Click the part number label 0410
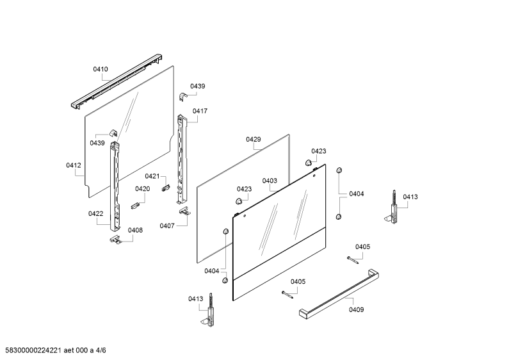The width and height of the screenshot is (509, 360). click(101, 69)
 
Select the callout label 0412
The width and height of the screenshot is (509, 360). click(74, 165)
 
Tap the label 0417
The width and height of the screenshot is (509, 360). click(200, 111)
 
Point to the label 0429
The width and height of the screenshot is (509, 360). click(253, 140)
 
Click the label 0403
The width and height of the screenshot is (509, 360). click(270, 181)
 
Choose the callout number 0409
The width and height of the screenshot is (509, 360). click(357, 310)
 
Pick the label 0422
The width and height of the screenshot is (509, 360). click(96, 214)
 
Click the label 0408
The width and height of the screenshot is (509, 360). click(135, 231)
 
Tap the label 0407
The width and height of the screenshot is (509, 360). click(167, 226)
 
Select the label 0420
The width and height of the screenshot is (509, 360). click(143, 189)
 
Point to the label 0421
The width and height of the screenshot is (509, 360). click(152, 176)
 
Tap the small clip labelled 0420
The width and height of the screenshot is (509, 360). click(135, 206)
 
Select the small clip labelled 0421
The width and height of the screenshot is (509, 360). click(166, 188)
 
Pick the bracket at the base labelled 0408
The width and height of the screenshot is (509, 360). click(115, 239)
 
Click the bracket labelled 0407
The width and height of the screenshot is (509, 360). click(184, 211)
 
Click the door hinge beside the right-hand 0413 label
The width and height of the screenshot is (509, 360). click(392, 208)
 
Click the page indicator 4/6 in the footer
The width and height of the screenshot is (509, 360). click(101, 350)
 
